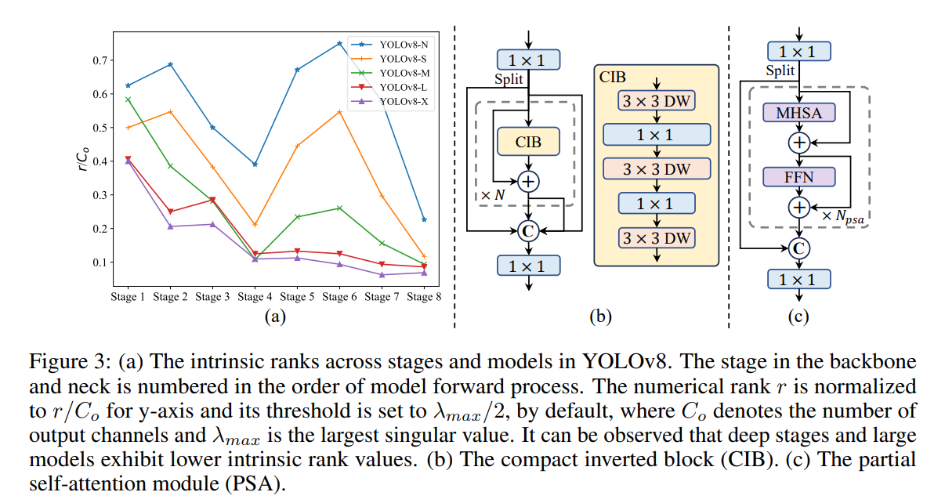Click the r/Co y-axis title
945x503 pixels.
[83, 161]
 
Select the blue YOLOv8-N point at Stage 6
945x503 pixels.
[339, 43]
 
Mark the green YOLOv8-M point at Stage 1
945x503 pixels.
[128, 100]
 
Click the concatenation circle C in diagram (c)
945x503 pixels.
[798, 248]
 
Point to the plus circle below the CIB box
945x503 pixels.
[529, 181]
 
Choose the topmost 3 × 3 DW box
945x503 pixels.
[657, 100]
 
